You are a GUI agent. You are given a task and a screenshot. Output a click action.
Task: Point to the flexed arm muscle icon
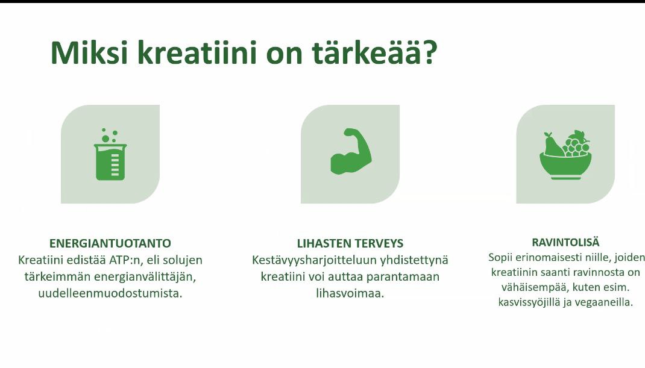(x=351, y=151)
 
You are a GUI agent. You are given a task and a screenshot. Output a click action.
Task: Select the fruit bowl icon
(x=565, y=155)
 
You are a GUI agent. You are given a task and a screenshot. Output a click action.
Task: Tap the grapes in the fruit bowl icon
(x=576, y=144)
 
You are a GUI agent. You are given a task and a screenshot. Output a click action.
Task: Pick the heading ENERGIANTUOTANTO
(x=110, y=243)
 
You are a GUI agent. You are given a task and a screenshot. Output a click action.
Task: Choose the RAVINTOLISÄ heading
(x=565, y=242)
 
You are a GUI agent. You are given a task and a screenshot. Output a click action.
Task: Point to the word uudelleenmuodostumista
(x=110, y=293)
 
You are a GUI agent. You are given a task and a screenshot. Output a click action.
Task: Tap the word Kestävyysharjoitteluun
(x=314, y=261)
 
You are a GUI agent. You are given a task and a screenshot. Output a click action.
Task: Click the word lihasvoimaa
(x=350, y=293)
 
